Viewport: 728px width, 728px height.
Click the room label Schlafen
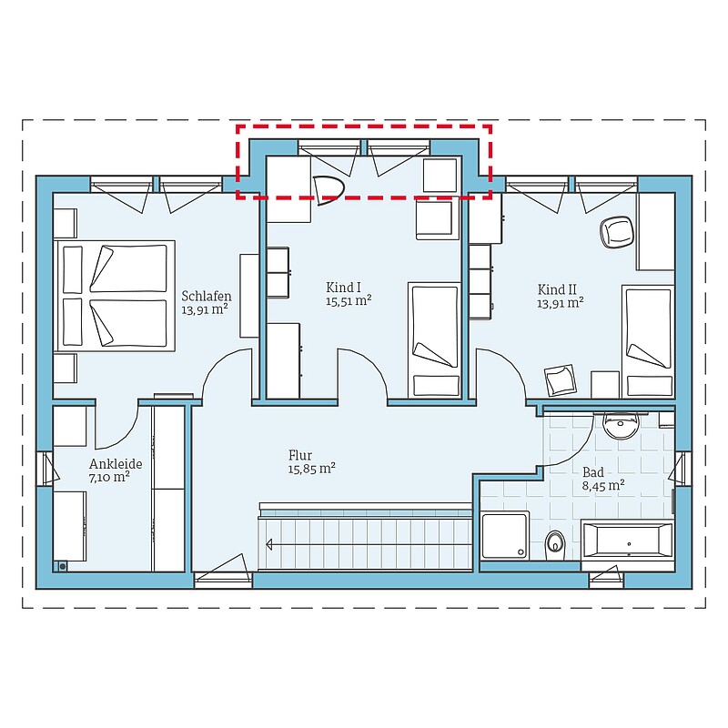(207, 297)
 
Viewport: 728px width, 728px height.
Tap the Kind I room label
(344, 287)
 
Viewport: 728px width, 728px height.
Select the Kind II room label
(557, 289)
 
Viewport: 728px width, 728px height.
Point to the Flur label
(300, 455)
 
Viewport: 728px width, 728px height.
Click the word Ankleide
(116, 464)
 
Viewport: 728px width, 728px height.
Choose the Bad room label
(593, 472)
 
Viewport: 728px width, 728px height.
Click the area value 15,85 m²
(311, 469)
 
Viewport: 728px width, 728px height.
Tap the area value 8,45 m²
(603, 486)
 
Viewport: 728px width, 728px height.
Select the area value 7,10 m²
(109, 477)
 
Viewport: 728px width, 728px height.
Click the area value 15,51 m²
(349, 300)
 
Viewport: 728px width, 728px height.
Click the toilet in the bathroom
(555, 545)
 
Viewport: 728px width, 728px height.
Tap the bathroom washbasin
(621, 425)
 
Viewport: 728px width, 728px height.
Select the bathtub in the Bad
(627, 540)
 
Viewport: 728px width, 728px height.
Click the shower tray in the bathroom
(505, 535)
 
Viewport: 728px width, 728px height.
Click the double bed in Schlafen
(115, 295)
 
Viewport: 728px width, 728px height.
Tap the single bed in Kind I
(435, 339)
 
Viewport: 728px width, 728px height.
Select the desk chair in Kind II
(617, 233)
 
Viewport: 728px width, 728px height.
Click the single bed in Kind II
(648, 341)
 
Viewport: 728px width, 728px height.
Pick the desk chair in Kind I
(329, 189)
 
